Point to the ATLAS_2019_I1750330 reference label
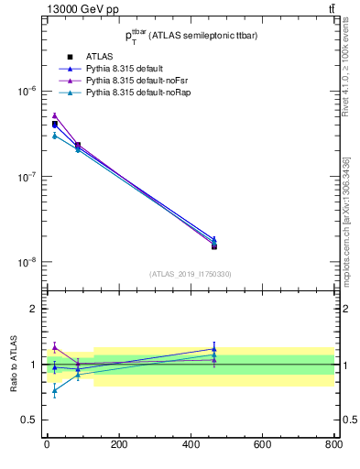point(190,274)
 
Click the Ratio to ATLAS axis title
point(14,365)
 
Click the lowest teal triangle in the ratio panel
point(54,391)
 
